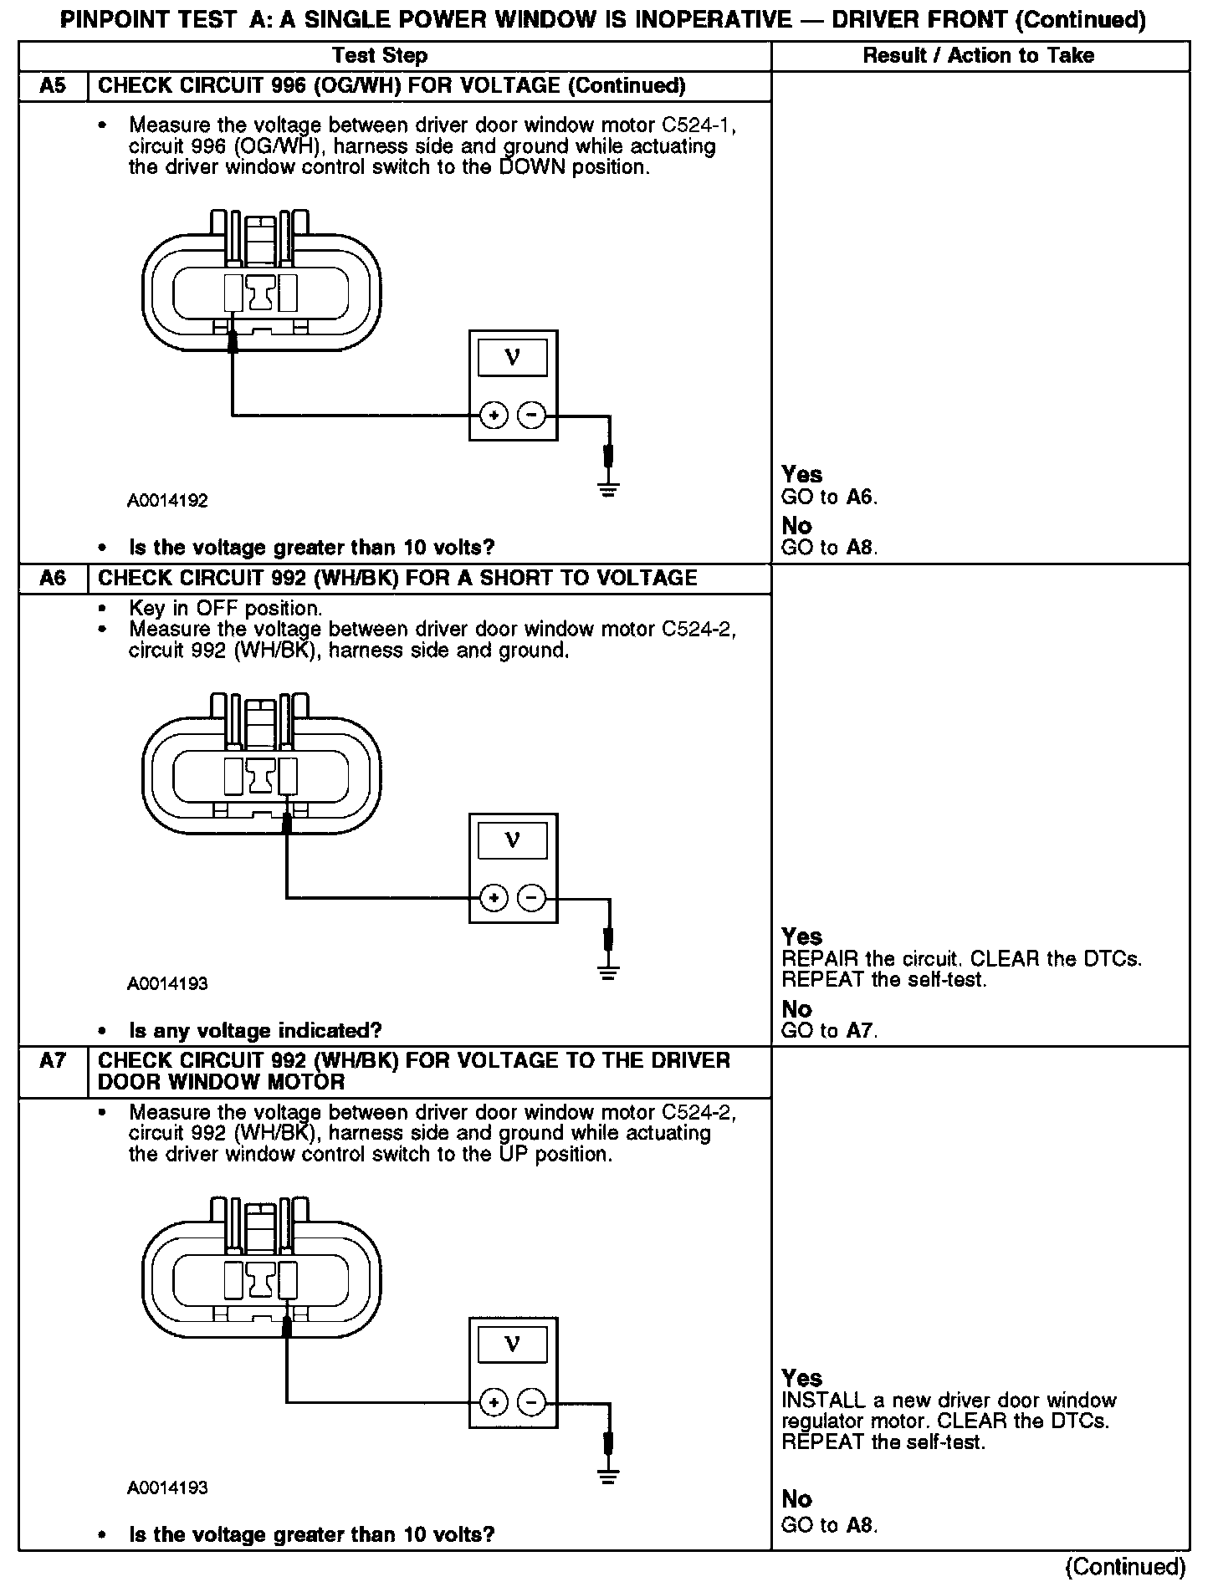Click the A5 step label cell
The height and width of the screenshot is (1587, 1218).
pos(53,86)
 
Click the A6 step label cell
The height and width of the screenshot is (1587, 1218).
pos(53,579)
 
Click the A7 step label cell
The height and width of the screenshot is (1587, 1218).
pos(53,1062)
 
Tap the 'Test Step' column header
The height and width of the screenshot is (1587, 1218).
pos(380,56)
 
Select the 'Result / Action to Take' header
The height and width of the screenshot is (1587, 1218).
pos(979,56)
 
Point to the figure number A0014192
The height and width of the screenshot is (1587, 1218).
pos(167,501)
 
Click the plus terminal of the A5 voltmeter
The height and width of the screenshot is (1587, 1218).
pos(494,415)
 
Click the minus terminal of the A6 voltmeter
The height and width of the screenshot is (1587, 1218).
pos(531,898)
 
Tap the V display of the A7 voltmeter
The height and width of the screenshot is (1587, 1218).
pos(513,1345)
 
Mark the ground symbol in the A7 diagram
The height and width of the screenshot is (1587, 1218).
pos(609,1477)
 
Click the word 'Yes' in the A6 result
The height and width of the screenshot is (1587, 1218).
pos(802,936)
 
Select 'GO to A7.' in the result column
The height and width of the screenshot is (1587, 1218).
pos(829,1031)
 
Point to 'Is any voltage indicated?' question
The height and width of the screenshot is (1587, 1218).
pos(255,1030)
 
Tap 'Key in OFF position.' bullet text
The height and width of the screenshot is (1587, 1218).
pos(225,608)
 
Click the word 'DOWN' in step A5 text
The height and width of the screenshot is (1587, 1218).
pos(532,167)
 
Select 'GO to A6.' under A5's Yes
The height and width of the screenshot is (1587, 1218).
pos(829,498)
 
